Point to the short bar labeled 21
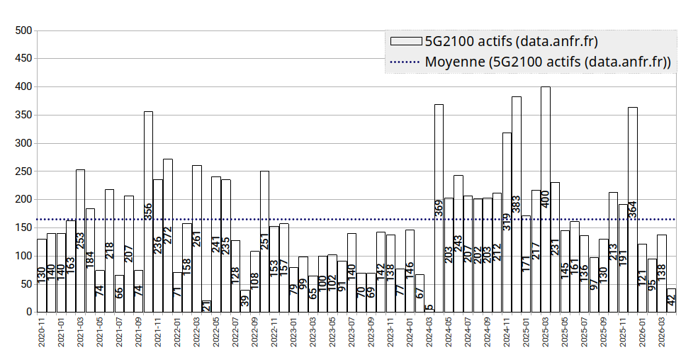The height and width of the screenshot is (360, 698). point(206,306)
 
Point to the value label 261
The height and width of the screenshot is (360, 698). point(197,239)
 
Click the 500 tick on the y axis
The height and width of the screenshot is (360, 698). point(24,30)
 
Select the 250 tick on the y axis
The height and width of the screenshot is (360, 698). point(24,171)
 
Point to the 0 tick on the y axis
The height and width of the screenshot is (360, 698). point(29,312)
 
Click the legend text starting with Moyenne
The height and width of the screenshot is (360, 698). point(548,62)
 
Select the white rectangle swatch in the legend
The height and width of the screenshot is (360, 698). point(404,40)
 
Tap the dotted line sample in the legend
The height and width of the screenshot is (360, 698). point(404,62)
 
